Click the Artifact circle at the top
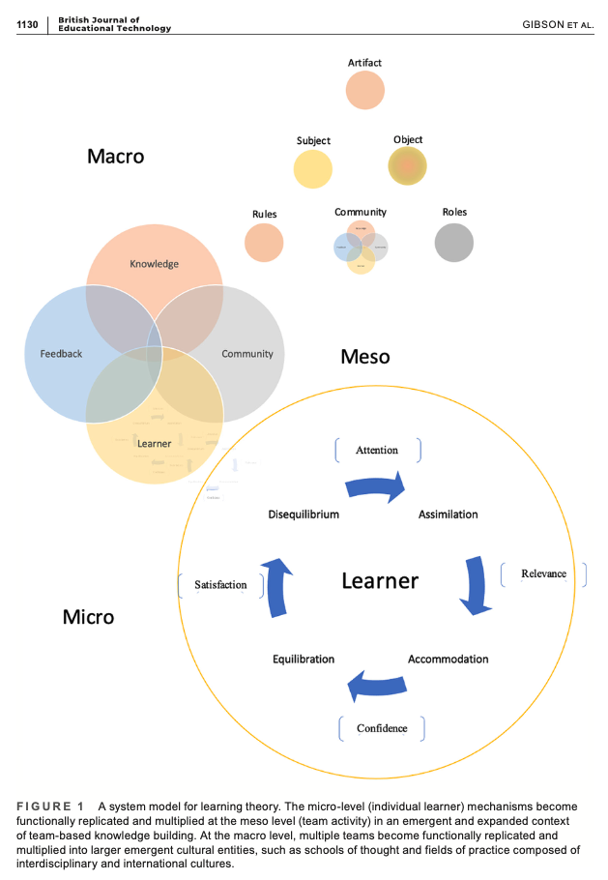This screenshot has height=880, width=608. (x=365, y=90)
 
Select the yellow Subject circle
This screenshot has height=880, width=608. (x=313, y=168)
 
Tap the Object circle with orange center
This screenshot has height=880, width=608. (x=408, y=165)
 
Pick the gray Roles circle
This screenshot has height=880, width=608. (x=454, y=243)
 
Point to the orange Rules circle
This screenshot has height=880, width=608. (x=264, y=243)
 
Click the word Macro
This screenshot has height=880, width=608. (x=115, y=156)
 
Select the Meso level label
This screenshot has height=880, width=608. (x=365, y=357)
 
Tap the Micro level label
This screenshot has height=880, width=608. (x=88, y=616)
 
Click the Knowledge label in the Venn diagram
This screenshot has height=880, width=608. (x=155, y=264)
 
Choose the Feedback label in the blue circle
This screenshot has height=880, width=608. (x=61, y=354)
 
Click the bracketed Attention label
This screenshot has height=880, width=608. (x=377, y=450)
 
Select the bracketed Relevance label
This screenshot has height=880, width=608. (x=543, y=573)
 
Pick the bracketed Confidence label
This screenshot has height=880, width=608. (x=382, y=728)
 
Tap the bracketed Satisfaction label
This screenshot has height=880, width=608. (x=220, y=585)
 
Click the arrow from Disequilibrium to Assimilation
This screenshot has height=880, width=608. (x=377, y=488)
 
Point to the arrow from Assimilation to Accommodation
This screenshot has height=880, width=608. (x=475, y=584)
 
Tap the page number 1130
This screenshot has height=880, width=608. (x=27, y=24)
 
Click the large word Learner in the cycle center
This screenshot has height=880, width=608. (x=380, y=581)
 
